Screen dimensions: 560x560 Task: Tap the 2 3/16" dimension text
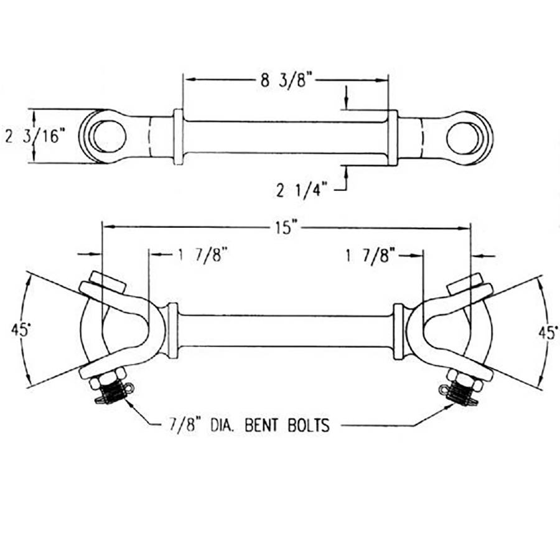click(x=35, y=136)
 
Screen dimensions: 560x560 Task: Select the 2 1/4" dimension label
click(x=302, y=190)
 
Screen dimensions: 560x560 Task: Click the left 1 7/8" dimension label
click(x=203, y=255)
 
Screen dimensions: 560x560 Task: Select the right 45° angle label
click(x=548, y=333)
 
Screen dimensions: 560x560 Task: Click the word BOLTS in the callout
click(x=309, y=425)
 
